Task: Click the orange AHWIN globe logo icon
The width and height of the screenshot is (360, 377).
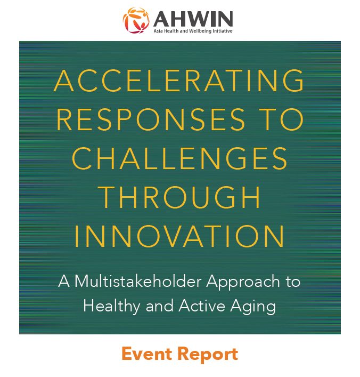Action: coord(136,20)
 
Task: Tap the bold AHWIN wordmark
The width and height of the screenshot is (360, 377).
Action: coord(193,19)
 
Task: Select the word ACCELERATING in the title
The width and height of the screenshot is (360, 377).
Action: coord(179,81)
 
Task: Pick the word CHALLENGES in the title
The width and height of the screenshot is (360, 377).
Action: coord(179,158)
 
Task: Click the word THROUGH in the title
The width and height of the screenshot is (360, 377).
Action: coord(180,197)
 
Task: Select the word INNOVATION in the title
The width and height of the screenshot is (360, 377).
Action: coord(179,236)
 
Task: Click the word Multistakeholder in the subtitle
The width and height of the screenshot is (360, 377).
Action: coord(138,281)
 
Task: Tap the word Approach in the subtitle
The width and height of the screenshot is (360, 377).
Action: coord(243,282)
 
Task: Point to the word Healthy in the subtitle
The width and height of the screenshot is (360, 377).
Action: coord(111,307)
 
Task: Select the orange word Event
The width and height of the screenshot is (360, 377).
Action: coord(146,354)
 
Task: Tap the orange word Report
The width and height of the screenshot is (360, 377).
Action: coord(208,355)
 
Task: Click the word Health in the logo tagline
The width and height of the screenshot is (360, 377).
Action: coord(171,31)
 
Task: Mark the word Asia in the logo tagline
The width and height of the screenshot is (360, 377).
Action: coord(158,31)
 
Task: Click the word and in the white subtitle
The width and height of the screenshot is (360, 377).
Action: coord(159,306)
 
